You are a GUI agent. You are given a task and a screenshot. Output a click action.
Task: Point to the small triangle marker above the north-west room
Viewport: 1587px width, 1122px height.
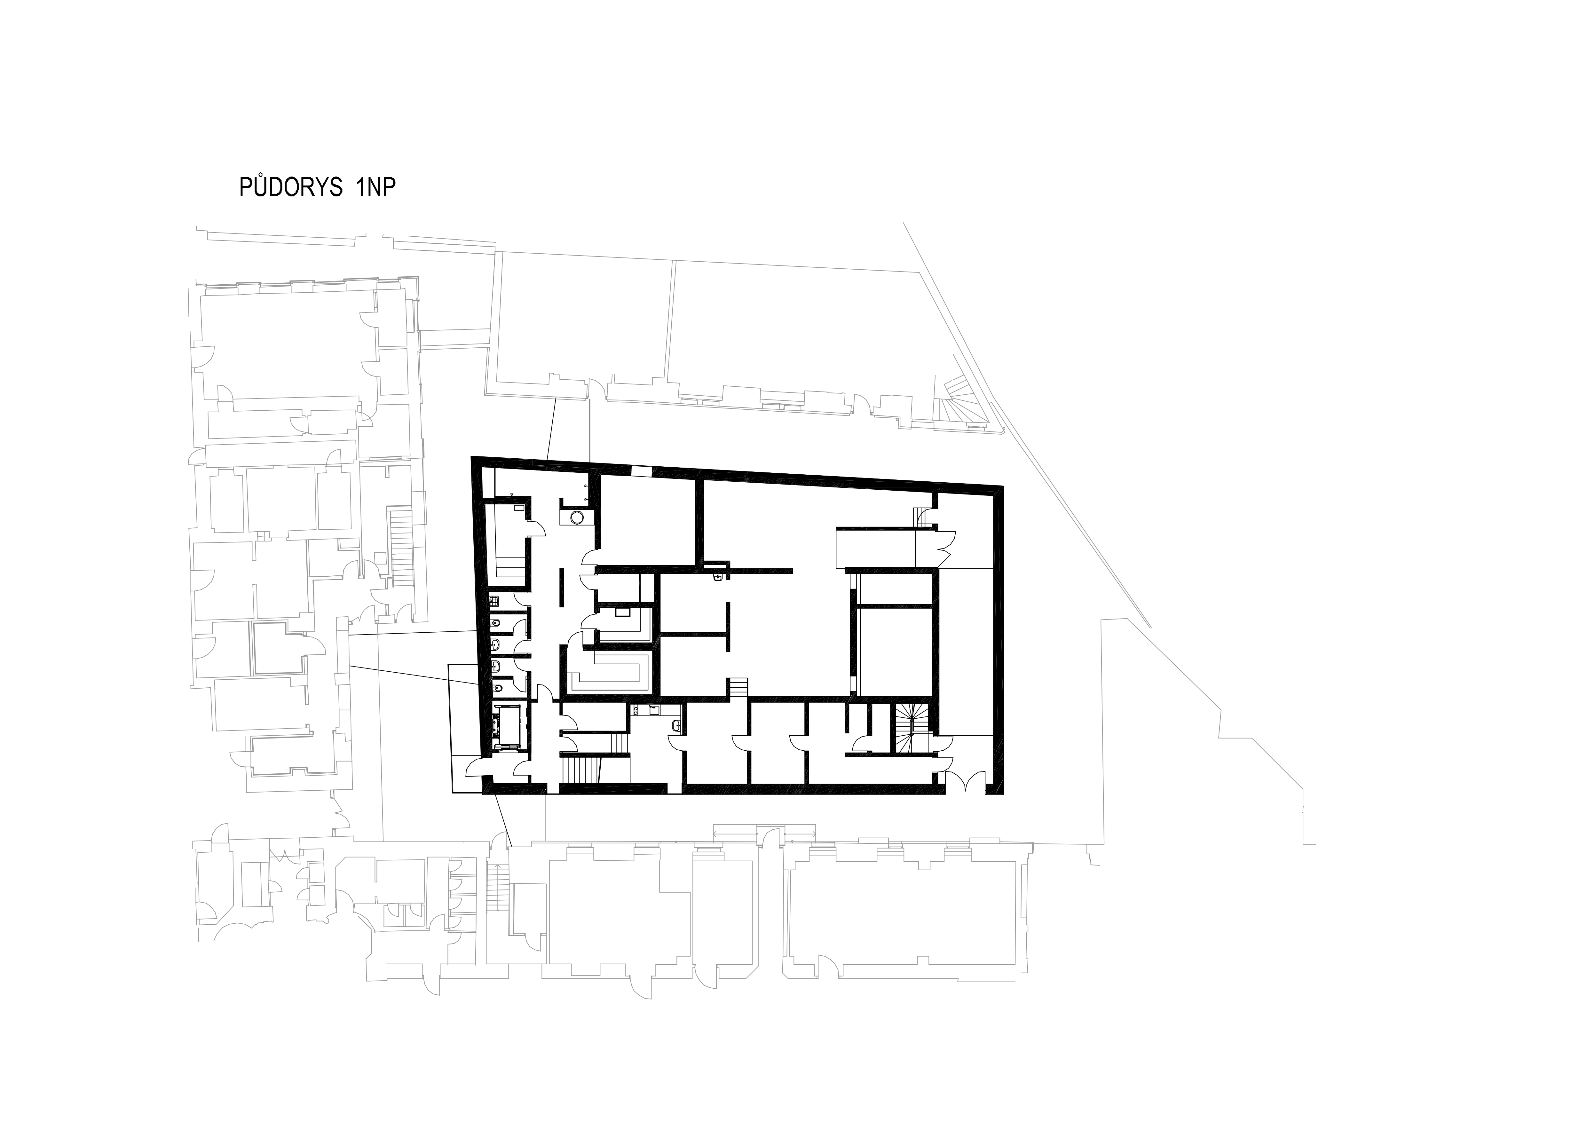coord(511,495)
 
